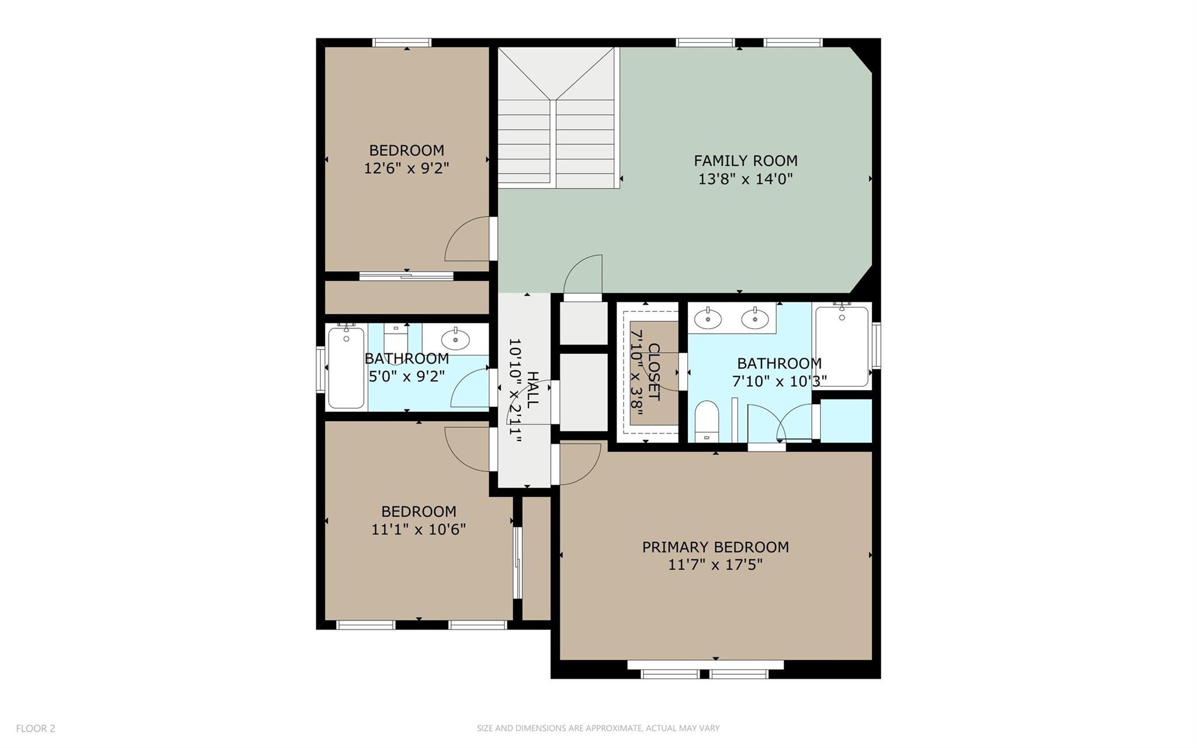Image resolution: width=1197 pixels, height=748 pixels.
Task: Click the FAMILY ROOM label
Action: point(745,160)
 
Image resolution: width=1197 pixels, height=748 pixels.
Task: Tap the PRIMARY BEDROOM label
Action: point(715,547)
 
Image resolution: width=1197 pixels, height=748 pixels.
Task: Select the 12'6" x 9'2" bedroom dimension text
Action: point(406,168)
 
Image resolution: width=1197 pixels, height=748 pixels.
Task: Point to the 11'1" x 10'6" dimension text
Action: point(418,529)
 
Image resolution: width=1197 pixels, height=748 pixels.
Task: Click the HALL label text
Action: point(532,390)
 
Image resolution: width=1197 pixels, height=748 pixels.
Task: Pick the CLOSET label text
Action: point(653,372)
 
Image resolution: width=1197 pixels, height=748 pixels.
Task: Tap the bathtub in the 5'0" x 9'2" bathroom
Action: point(346,367)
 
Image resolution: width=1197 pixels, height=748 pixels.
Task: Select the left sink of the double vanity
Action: point(708,319)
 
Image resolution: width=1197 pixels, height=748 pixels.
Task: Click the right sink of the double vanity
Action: point(755,319)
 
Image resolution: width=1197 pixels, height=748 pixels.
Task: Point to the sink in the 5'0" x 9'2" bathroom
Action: point(455,339)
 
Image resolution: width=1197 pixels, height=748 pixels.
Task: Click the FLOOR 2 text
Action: point(36,728)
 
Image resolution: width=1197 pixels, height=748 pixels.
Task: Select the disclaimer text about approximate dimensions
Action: point(598,728)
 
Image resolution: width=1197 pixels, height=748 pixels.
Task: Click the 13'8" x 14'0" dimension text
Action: point(745,178)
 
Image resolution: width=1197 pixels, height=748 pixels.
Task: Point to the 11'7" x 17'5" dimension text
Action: point(715,565)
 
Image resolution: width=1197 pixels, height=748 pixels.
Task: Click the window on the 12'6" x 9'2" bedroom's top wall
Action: point(402,42)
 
